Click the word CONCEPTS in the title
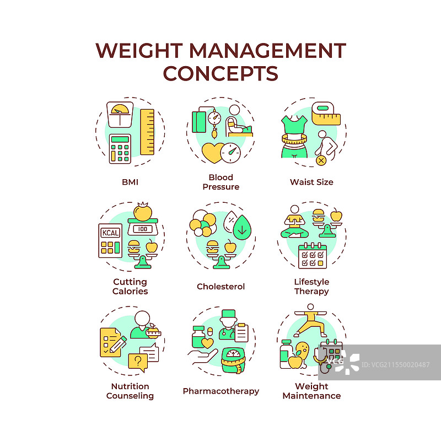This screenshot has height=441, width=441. [x=220, y=73]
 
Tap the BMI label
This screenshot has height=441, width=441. [x=130, y=182]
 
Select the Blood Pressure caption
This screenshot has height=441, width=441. [x=220, y=182]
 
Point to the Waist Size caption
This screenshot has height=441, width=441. [x=311, y=182]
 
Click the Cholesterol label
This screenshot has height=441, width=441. [x=220, y=287]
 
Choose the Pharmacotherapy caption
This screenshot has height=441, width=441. [x=220, y=391]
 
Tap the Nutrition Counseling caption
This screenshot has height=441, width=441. [x=130, y=391]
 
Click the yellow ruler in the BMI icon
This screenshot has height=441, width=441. [x=147, y=132]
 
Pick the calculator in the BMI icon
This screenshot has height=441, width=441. [x=122, y=148]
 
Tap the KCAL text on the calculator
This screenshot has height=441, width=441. [x=110, y=232]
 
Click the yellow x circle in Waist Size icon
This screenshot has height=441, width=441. [x=321, y=160]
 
